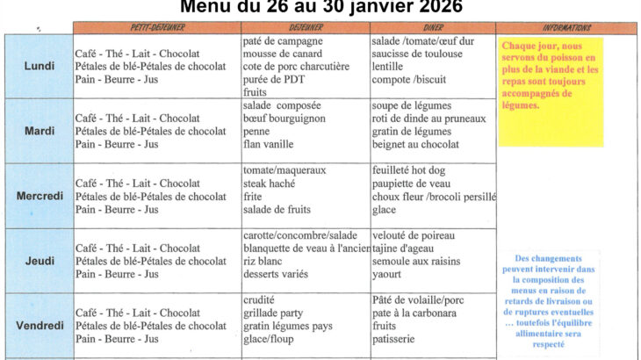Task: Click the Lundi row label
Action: pyautogui.click(x=38, y=66)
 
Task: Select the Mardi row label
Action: pyautogui.click(x=38, y=131)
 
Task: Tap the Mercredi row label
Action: pyautogui.click(x=40, y=196)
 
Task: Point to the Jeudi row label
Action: pyautogui.click(x=38, y=261)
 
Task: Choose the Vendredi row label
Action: pyautogui.click(x=40, y=326)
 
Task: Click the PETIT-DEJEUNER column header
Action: pyautogui.click(x=155, y=28)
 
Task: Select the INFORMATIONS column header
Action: pyautogui.click(x=567, y=28)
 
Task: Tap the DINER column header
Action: pyautogui.click(x=433, y=28)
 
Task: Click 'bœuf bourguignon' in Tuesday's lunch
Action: pyautogui.click(x=284, y=119)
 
